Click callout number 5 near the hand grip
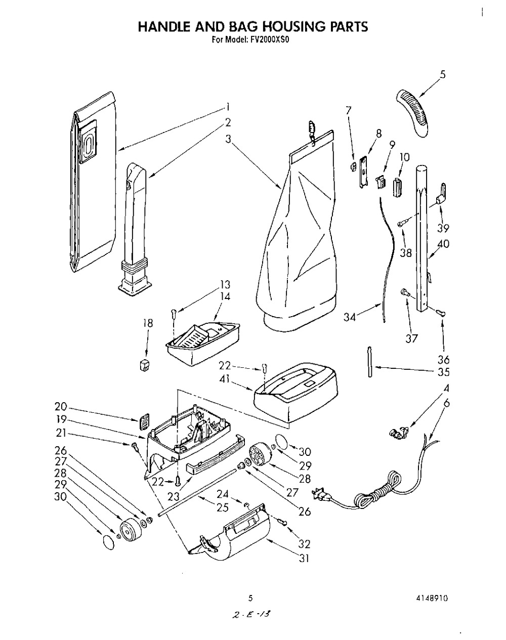[443, 75]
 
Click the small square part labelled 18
[145, 364]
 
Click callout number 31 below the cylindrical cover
[304, 559]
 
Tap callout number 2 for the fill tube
[228, 122]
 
